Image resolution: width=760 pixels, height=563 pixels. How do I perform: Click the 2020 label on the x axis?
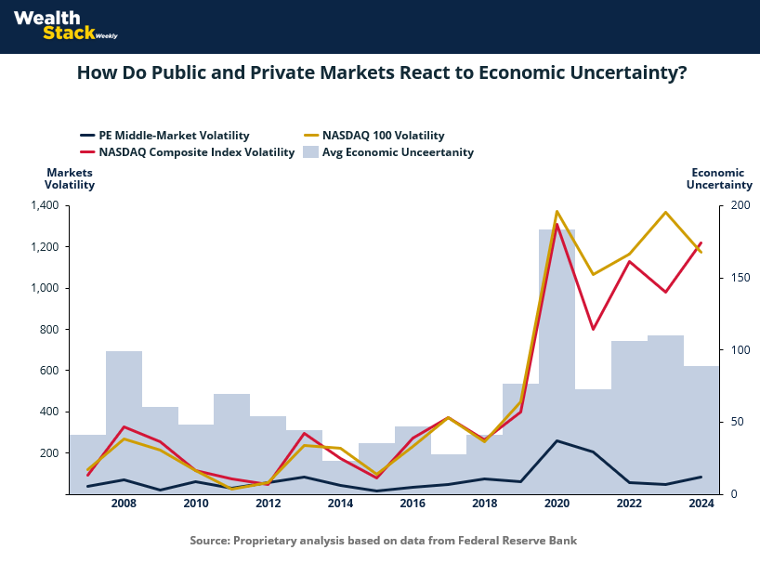557,504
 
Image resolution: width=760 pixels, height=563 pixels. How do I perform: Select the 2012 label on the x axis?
268,504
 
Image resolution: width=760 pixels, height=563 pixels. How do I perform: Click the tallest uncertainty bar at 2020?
557,372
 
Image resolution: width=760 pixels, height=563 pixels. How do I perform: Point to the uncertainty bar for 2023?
665,418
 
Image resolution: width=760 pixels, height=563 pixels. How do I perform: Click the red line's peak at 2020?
557,225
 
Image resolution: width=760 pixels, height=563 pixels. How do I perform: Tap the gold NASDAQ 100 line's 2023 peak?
665,213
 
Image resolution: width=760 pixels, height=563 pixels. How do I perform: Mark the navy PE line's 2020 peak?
557,440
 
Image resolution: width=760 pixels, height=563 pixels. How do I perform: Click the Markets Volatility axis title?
70,178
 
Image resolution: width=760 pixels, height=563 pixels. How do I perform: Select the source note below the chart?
384,540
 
